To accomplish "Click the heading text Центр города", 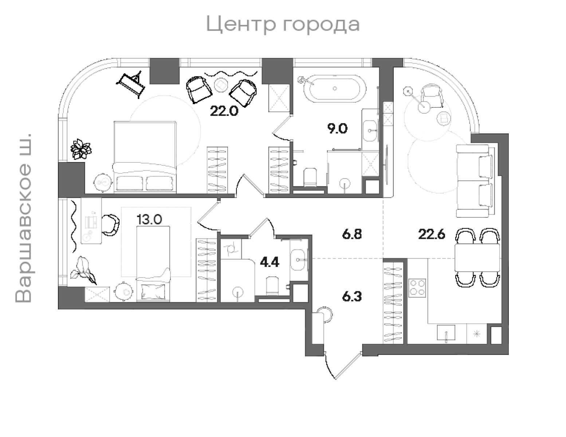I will coord(283,24).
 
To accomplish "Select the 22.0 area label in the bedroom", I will coord(224,111).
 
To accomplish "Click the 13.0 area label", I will coord(149,220).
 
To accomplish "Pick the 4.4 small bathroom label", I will coord(269,262).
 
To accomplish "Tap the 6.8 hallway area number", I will coord(352,234).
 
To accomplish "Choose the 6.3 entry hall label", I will coord(352,297).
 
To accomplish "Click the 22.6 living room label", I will coord(432,234).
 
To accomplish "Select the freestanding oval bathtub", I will coord(335,88).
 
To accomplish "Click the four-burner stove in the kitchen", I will coord(417,287).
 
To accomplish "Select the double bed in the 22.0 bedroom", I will coord(145,157).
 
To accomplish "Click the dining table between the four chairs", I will coord(477,257).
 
